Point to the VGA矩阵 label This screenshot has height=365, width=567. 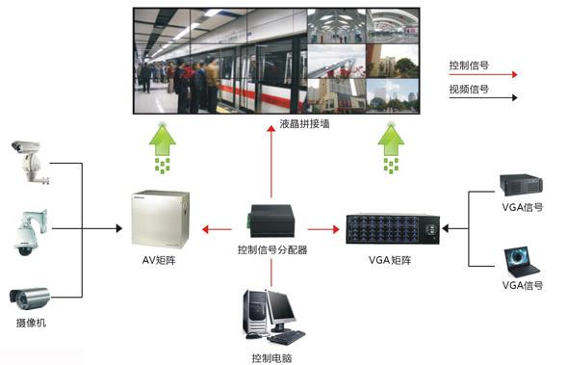coord(392,260)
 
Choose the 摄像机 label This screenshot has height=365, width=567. coord(30,323)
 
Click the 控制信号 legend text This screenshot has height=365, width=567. coord(469,65)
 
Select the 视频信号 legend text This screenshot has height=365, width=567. coord(469,90)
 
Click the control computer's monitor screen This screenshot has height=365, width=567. coord(281,307)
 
